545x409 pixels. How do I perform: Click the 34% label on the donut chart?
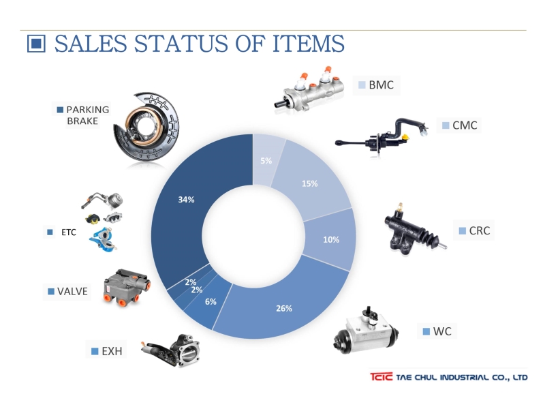(186, 200)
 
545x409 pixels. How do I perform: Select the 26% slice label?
(284, 308)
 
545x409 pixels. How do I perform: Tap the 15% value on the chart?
(310, 183)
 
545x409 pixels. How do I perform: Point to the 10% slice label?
(331, 240)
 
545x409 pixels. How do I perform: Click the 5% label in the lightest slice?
(266, 161)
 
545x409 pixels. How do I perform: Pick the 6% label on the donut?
(211, 301)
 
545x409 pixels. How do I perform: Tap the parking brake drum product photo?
(146, 127)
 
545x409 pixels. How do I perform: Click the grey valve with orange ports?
(127, 287)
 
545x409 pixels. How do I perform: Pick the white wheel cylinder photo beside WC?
(366, 331)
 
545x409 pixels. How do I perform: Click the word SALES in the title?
(91, 44)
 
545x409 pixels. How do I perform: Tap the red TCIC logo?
(381, 377)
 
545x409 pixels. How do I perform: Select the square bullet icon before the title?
(36, 44)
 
